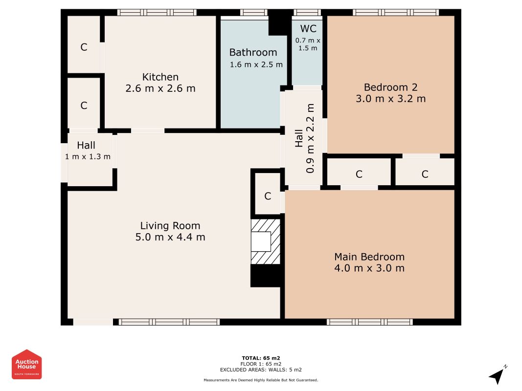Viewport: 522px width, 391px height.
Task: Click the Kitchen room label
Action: pos(160,77)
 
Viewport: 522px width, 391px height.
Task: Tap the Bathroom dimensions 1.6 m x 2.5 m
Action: pos(256,65)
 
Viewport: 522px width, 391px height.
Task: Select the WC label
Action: pos(308,29)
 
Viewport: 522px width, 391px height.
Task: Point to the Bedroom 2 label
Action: pos(390,87)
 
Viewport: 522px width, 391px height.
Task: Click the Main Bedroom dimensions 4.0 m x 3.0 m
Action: pos(369,268)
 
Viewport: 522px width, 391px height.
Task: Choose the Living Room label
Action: pos(170,226)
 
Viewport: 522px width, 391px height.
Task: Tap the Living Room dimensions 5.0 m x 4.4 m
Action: pos(170,237)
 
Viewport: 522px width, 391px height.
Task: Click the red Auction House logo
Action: pos(26,365)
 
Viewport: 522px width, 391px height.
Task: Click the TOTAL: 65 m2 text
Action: pos(261,358)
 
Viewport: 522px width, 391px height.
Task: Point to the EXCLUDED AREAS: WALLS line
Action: pos(261,369)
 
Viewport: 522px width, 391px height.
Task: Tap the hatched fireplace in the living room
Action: pos(265,242)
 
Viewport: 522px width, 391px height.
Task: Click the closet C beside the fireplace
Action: pos(268,196)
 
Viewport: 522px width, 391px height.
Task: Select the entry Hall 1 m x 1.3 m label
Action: pos(88,150)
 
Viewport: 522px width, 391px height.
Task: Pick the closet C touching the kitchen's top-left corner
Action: pos(84,47)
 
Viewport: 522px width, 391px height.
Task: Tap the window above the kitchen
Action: pos(157,13)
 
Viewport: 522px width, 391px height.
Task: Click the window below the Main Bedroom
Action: pos(369,322)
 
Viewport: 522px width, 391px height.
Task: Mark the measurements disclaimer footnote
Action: pos(261,380)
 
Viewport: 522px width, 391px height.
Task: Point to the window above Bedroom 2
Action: pos(396,13)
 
